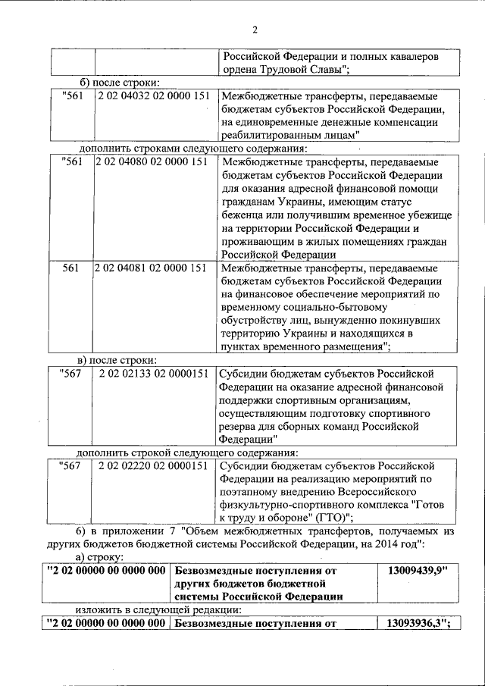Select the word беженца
tap(247, 214)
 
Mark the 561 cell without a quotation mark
tap(70, 268)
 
